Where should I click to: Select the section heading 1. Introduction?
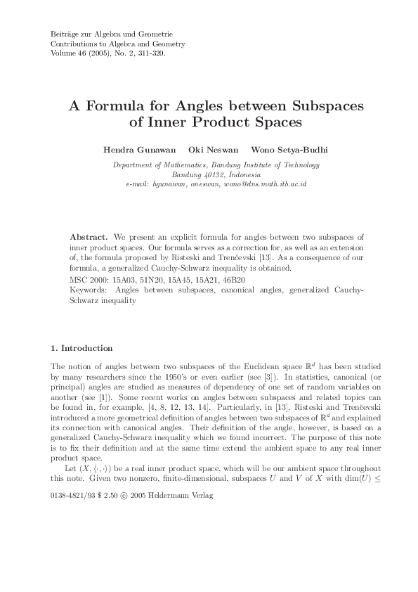81,348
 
